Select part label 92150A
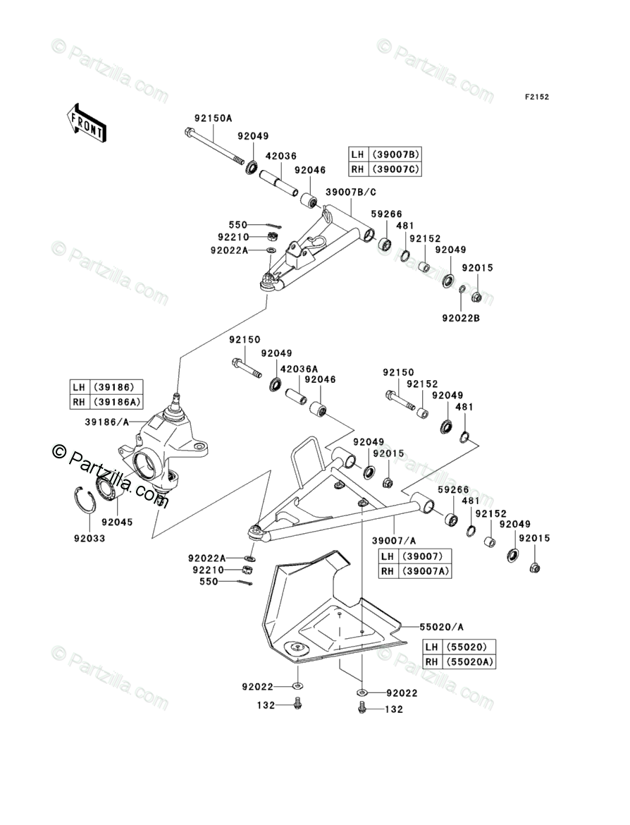214,118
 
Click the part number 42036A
299,368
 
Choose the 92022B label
461,318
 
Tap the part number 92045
117,522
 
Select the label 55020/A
442,626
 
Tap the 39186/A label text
107,422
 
